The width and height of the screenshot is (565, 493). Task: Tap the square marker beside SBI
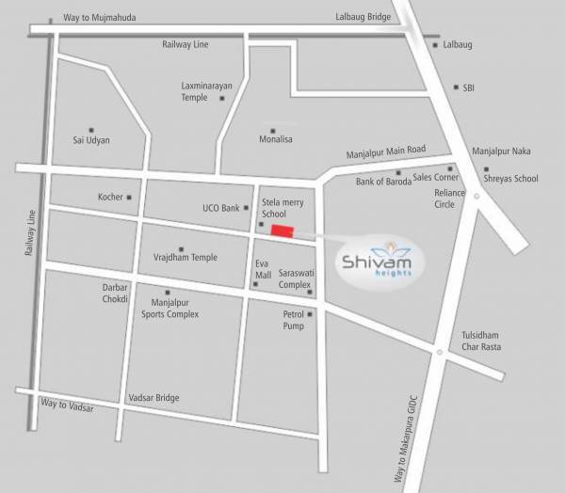point(455,87)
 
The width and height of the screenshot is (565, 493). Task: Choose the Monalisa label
point(280,140)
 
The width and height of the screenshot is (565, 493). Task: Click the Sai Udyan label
point(91,140)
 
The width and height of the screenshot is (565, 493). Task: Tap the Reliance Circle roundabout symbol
point(477,196)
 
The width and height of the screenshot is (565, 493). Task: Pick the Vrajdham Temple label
point(185,257)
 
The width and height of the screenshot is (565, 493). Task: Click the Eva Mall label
point(262,270)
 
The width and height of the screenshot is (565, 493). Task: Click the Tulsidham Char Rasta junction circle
point(440,352)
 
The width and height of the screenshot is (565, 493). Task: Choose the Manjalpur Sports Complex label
point(175,309)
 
